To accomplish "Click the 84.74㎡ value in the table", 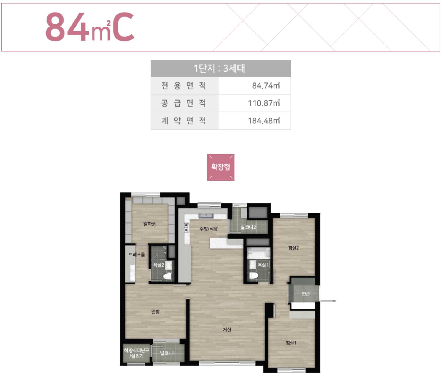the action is coord(266,86).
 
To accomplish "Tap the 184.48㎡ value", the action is coord(264,121).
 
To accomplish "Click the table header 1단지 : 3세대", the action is coord(219,68).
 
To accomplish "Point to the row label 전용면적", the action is coord(184,86).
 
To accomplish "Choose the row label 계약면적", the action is coord(184,121).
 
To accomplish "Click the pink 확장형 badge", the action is coord(221,167).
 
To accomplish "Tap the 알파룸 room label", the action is coord(149,224).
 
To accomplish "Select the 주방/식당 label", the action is coord(209,229).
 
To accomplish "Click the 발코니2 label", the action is coord(248,227).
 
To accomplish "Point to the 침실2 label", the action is coord(294,248).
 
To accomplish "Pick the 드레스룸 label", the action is coord(137,255).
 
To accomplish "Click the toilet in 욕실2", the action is coord(167,276).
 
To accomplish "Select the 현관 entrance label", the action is coord(306,294).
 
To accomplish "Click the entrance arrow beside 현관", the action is coord(328,301).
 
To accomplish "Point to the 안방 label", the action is coord(155,311).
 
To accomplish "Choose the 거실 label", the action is coord(227,330).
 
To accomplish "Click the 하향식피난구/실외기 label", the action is coord(136,353).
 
